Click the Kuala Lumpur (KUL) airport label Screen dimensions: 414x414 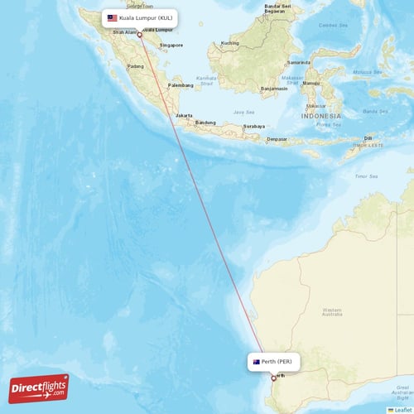click(x=147, y=17)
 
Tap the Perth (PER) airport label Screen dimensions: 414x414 click(x=277, y=362)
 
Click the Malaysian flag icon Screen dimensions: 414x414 click(x=112, y=17)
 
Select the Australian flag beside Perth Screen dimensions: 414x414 click(x=256, y=362)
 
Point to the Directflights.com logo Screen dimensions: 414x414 click(x=39, y=388)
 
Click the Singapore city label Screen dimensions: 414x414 click(x=171, y=45)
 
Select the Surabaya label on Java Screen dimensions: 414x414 click(x=254, y=126)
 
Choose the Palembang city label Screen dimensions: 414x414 click(x=181, y=85)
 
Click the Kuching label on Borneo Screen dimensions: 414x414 click(x=230, y=43)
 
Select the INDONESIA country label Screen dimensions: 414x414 click(x=320, y=116)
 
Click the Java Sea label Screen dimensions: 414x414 click(x=243, y=111)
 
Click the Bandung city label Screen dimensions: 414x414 click(x=205, y=123)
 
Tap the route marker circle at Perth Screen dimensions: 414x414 click(x=273, y=378)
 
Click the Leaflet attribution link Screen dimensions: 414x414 click(x=402, y=409)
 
